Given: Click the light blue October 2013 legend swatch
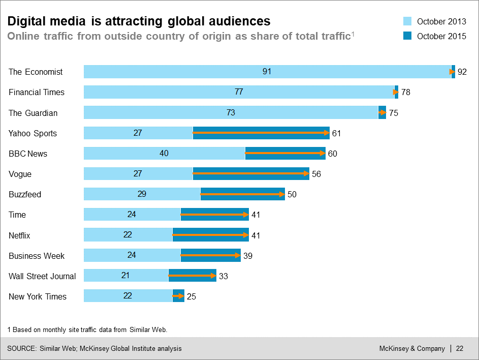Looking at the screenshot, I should coord(407,21).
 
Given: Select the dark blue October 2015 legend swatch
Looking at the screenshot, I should coord(407,36).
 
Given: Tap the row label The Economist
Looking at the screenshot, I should coord(36,72).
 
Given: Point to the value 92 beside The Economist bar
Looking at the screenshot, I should coord(462,72).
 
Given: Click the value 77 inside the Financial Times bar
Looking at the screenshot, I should coord(239,92).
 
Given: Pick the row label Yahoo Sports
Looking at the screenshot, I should coord(33,133).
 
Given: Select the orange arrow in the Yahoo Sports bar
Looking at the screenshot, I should coord(261,133).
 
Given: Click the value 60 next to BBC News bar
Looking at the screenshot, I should coord(332,154).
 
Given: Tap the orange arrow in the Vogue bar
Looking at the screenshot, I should coord(251,174).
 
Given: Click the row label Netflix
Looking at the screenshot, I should coord(20,235).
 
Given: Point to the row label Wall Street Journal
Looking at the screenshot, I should coord(42,276).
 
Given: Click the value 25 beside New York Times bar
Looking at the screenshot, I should coord(191,296).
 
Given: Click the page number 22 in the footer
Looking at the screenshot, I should coord(460,349).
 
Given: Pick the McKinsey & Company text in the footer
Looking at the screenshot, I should coord(412,349).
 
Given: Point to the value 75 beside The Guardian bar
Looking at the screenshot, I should coord(393,113).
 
